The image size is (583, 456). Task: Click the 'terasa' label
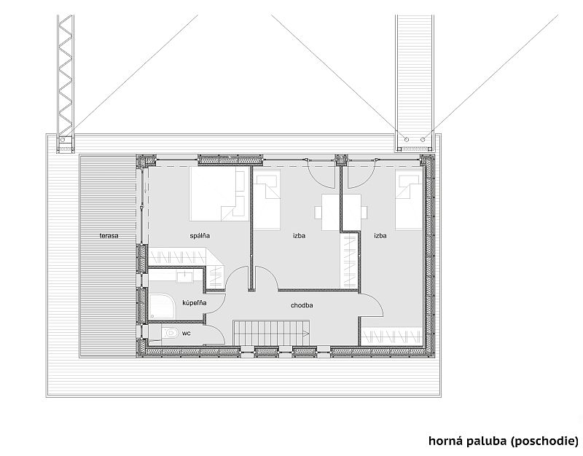[109, 235]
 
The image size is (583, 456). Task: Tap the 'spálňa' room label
[200, 235]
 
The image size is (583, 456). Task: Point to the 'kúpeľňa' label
[194, 303]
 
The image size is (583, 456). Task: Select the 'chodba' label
[302, 305]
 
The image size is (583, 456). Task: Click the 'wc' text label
[187, 334]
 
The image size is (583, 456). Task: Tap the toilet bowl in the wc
[171, 332]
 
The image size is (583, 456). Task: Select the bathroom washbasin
[184, 277]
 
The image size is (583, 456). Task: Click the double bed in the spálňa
[219, 194]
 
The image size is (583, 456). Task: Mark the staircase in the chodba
[272, 333]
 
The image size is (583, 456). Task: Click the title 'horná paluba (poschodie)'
[504, 441]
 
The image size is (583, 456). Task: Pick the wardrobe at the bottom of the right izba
[392, 336]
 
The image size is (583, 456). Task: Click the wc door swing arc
[218, 330]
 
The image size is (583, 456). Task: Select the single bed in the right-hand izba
[409, 199]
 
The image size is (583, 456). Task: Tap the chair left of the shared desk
[318, 212]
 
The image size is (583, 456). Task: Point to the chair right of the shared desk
[364, 212]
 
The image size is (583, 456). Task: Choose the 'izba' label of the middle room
[299, 235]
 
